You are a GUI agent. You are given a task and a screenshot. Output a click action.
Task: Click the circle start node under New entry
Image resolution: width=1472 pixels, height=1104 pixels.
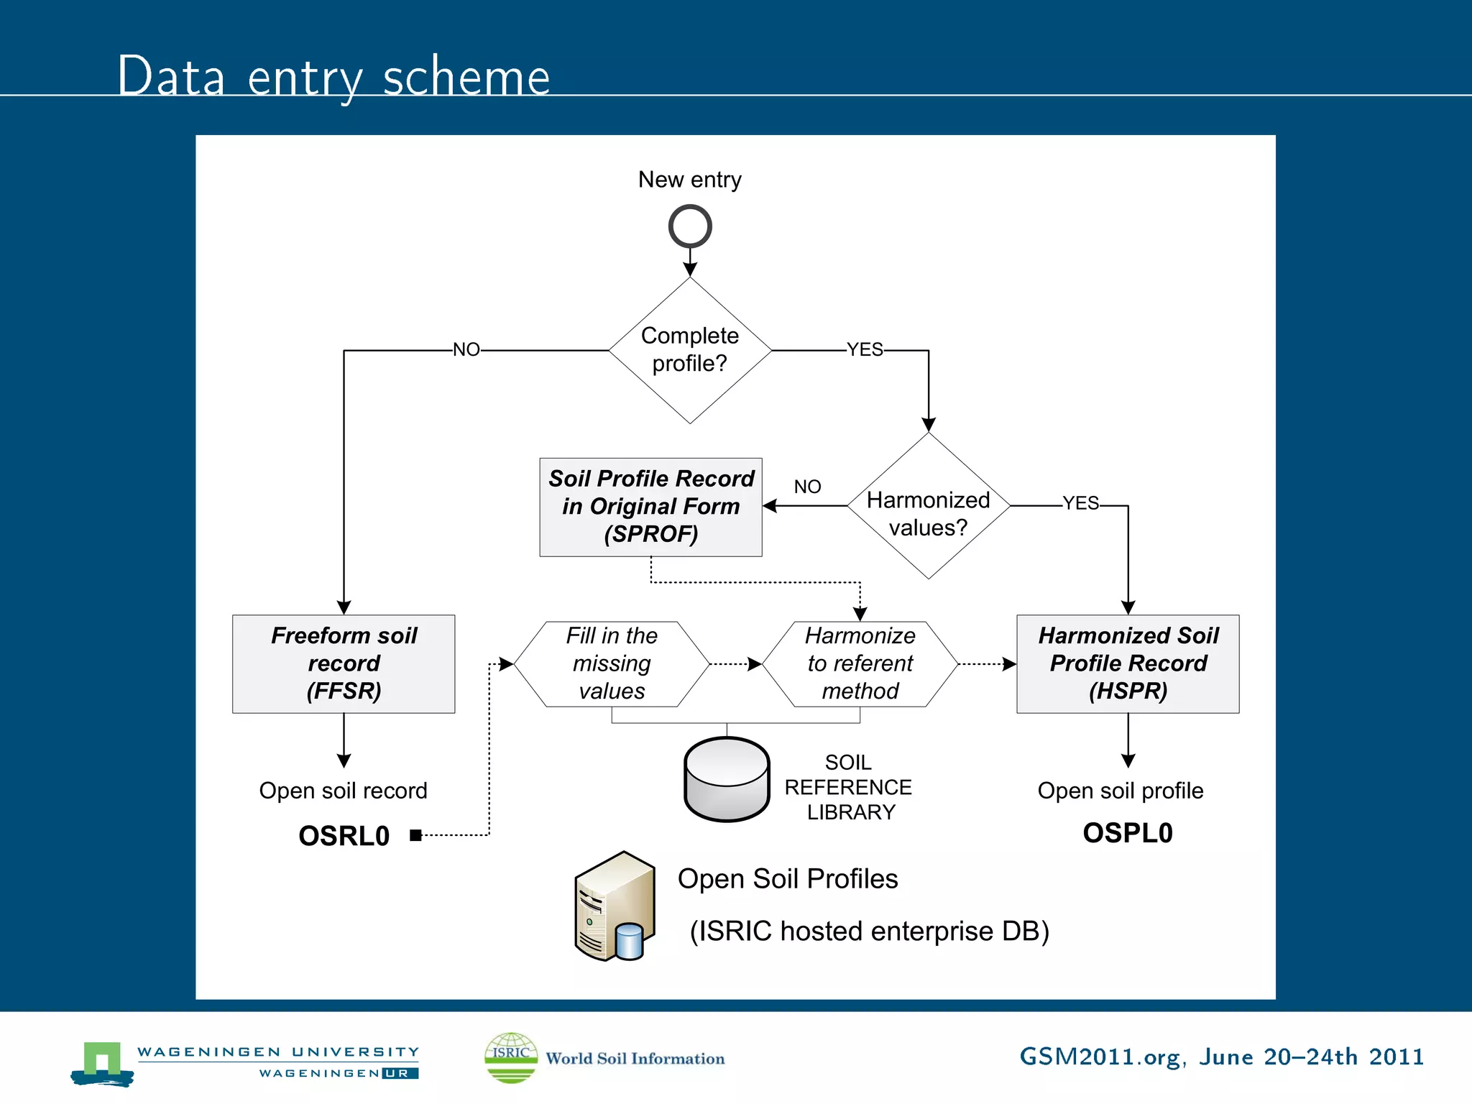pyautogui.click(x=689, y=226)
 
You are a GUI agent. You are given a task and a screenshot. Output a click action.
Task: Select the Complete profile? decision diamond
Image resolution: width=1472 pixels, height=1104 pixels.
pyautogui.click(x=689, y=350)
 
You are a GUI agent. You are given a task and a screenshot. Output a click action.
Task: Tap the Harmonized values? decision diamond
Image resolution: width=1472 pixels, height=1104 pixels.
pyautogui.click(x=928, y=506)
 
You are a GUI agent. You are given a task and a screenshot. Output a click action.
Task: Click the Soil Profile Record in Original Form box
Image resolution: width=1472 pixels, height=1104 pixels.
pyautogui.click(x=650, y=507)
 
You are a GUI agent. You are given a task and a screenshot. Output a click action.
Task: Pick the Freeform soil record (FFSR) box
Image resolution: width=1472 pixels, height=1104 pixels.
pyautogui.click(x=344, y=663)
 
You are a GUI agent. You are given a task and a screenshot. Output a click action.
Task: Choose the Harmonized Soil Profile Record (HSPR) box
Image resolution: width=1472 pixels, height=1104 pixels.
pyautogui.click(x=1128, y=663)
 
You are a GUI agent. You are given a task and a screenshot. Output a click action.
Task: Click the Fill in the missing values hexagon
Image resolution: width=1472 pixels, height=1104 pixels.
pyautogui.click(x=612, y=663)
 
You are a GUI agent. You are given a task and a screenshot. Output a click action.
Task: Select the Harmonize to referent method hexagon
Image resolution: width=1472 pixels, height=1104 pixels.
pyautogui.click(x=860, y=663)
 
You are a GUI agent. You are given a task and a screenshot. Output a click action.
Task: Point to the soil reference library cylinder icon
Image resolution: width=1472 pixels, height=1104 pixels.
pyautogui.click(x=727, y=779)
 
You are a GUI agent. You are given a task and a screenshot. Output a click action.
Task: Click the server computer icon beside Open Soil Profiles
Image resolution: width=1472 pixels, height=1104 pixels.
pyautogui.click(x=615, y=906)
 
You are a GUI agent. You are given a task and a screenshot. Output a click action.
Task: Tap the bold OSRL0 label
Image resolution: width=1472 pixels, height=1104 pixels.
pyautogui.click(x=344, y=836)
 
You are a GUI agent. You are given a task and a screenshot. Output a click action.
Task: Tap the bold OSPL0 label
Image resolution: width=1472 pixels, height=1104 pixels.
pyautogui.click(x=1128, y=833)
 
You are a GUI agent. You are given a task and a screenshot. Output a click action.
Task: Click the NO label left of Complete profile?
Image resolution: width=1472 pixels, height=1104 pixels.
pyautogui.click(x=466, y=350)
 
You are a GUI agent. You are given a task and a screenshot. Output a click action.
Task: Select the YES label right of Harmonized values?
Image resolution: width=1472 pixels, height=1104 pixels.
pyautogui.click(x=1080, y=503)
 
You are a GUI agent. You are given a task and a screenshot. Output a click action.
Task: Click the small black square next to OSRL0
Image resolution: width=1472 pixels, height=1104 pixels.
pyautogui.click(x=415, y=835)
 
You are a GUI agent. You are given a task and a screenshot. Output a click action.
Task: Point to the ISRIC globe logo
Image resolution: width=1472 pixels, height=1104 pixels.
pyautogui.click(x=511, y=1057)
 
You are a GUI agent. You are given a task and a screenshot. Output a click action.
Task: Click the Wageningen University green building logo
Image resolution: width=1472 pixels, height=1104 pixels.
pyautogui.click(x=102, y=1062)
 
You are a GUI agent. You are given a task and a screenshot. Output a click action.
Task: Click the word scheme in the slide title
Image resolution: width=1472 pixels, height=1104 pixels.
pyautogui.click(x=466, y=78)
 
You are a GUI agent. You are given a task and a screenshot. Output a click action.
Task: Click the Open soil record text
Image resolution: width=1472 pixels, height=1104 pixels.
pyautogui.click(x=343, y=791)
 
